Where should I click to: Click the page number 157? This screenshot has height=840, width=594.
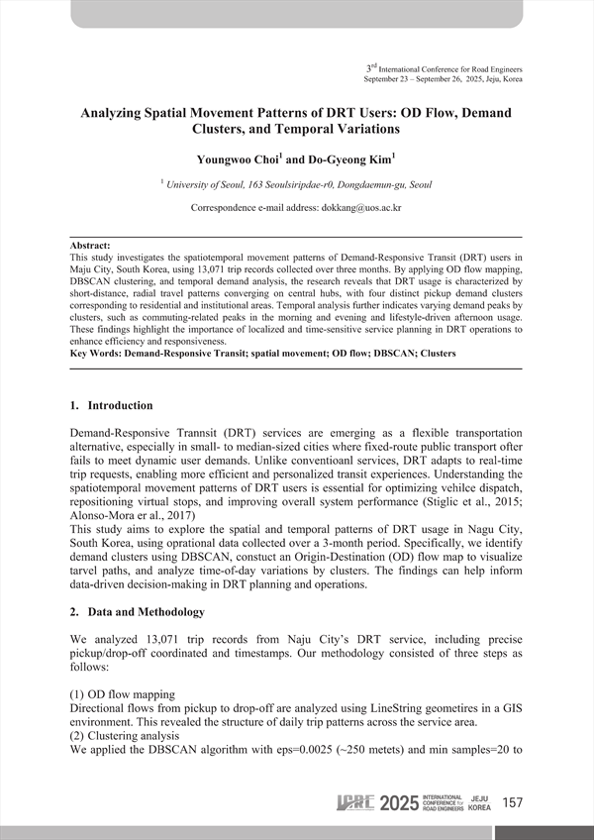point(513,801)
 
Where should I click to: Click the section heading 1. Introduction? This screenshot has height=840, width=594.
point(111,405)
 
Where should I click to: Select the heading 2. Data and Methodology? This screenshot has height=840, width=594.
point(137,612)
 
